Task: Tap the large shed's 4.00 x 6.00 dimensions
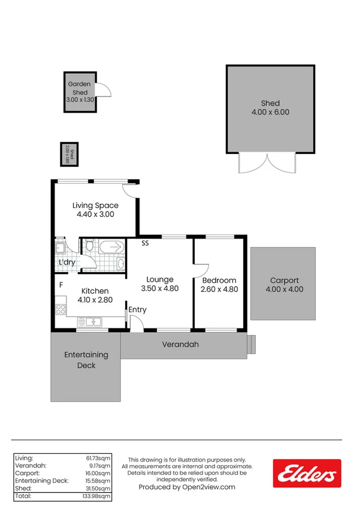tap(270, 112)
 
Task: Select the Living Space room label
tap(95, 206)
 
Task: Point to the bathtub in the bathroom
tap(111, 246)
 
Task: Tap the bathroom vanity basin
tap(120, 263)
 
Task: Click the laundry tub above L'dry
tap(60, 249)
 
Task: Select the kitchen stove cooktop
tap(60, 310)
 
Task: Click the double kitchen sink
tap(92, 323)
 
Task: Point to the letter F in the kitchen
tap(60, 285)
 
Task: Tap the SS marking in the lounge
tap(146, 243)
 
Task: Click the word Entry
tap(138, 310)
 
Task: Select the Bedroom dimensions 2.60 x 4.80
tap(219, 289)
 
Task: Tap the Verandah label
tap(180, 345)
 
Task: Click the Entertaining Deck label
tap(86, 360)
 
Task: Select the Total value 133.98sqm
tap(97, 496)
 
